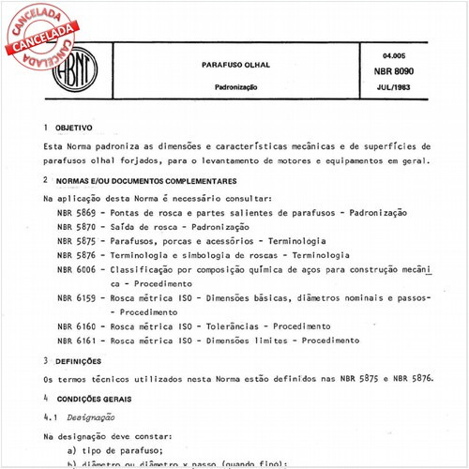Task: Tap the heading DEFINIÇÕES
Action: coord(83,360)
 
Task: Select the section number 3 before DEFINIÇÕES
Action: coord(46,360)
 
